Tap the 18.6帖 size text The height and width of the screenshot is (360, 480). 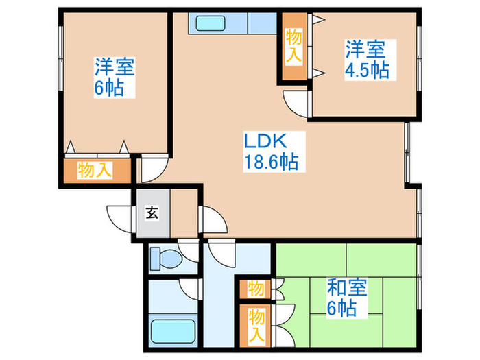pos(270,163)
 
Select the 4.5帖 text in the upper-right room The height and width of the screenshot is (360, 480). pos(367,71)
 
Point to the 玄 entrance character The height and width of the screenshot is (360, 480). pos(152,213)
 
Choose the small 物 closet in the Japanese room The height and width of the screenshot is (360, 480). pos(256,288)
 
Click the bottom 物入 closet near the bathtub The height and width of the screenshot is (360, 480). pos(256,325)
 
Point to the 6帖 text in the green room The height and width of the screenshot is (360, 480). pos(341,308)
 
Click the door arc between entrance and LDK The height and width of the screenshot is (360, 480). pos(213,221)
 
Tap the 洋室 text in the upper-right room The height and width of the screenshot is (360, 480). pos(365,50)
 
